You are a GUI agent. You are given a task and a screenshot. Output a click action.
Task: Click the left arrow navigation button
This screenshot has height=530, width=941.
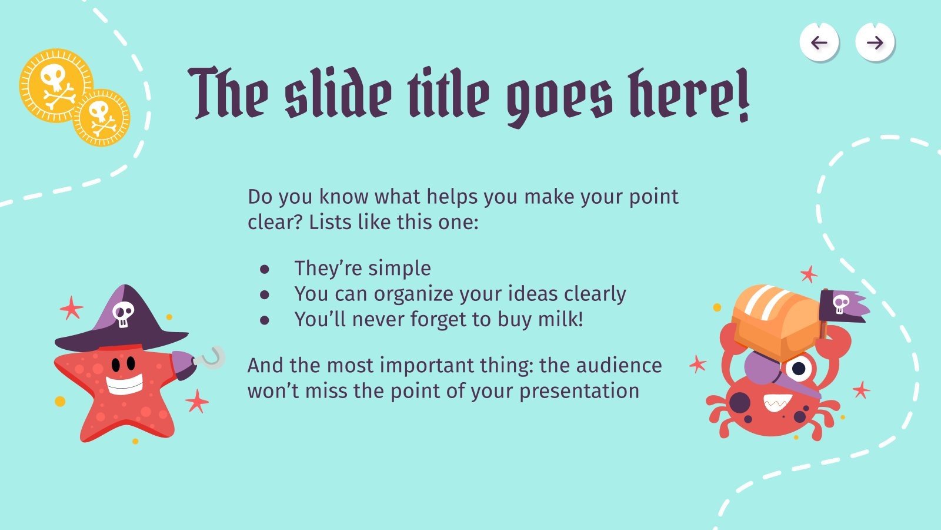click(x=819, y=42)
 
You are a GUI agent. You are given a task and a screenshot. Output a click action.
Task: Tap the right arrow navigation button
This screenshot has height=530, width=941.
click(x=875, y=42)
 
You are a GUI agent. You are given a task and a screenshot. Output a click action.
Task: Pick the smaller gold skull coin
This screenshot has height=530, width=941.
click(x=102, y=118)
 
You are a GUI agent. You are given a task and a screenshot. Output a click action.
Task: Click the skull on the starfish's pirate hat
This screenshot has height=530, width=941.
click(x=123, y=314)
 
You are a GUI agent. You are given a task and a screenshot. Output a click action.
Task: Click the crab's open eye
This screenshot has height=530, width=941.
click(x=798, y=369)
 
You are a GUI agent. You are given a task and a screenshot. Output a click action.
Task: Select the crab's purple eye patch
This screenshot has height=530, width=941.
click(x=763, y=369)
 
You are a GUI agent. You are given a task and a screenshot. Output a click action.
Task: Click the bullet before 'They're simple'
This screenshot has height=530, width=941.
click(x=265, y=269)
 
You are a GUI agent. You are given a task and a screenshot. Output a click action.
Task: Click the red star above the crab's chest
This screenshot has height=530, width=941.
click(x=809, y=274)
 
